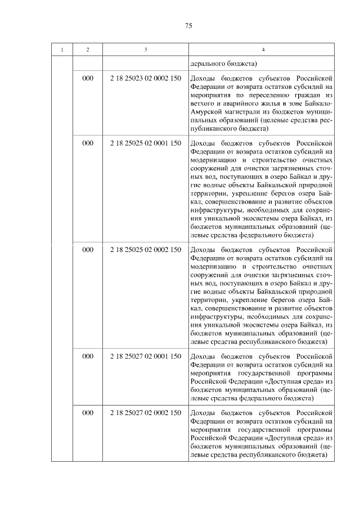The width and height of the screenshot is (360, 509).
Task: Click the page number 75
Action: (188, 26)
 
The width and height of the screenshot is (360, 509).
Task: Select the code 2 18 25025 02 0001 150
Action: (146, 143)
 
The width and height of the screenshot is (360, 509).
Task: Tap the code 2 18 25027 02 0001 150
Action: (146, 356)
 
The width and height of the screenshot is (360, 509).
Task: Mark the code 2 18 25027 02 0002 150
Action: (146, 413)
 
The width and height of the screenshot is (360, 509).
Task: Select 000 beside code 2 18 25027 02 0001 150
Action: (87, 356)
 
